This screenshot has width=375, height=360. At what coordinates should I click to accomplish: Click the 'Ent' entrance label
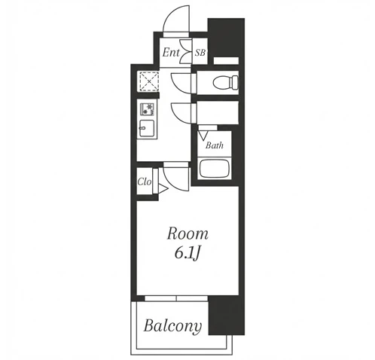point(171,53)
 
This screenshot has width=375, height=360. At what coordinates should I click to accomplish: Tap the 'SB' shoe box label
point(200,53)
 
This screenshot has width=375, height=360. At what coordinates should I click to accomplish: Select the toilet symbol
point(225,82)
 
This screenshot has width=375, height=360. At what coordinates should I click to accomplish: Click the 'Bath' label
point(215,145)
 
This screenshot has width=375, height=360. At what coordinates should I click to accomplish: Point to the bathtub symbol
point(215,168)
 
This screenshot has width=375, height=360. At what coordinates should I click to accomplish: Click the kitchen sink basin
point(147,129)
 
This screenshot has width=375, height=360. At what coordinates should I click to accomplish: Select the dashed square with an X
point(149,81)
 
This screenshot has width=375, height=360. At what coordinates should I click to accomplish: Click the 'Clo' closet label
point(145,182)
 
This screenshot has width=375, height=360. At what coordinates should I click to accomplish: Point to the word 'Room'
point(187,233)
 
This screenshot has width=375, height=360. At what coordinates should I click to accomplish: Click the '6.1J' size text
point(187,254)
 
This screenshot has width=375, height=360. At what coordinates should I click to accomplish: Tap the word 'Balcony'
point(172,327)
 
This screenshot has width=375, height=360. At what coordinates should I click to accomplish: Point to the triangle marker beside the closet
point(163,189)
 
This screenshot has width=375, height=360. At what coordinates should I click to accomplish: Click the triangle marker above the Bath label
point(203,135)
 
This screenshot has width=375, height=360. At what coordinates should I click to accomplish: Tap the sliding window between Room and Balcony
point(176,298)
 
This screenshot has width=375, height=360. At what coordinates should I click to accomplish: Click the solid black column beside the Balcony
point(227,316)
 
